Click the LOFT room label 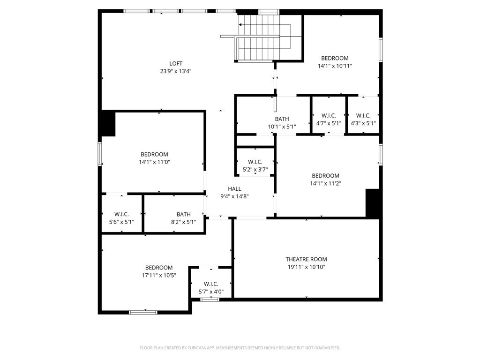pos(176,64)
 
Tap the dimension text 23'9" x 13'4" pos(176,71)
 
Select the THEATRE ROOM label pos(306,259)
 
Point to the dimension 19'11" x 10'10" pos(306,267)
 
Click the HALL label pos(234,189)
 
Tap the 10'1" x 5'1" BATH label pos(282,119)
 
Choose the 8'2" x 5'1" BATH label pos(183,215)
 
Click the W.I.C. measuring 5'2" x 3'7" pos(255,162)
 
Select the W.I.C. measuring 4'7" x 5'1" pos(329,116)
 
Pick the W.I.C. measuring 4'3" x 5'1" pos(363,116)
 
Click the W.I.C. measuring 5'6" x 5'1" pos(121,215)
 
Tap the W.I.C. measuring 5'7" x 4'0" pos(211,284)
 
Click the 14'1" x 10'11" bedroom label pos(335,59)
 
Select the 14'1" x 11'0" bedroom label pos(154,155)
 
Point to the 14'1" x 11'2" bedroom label pos(325,176)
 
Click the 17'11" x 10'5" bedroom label pos(159,268)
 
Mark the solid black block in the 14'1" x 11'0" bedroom pos(108,124)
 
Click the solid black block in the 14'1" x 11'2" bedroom pos(372,203)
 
